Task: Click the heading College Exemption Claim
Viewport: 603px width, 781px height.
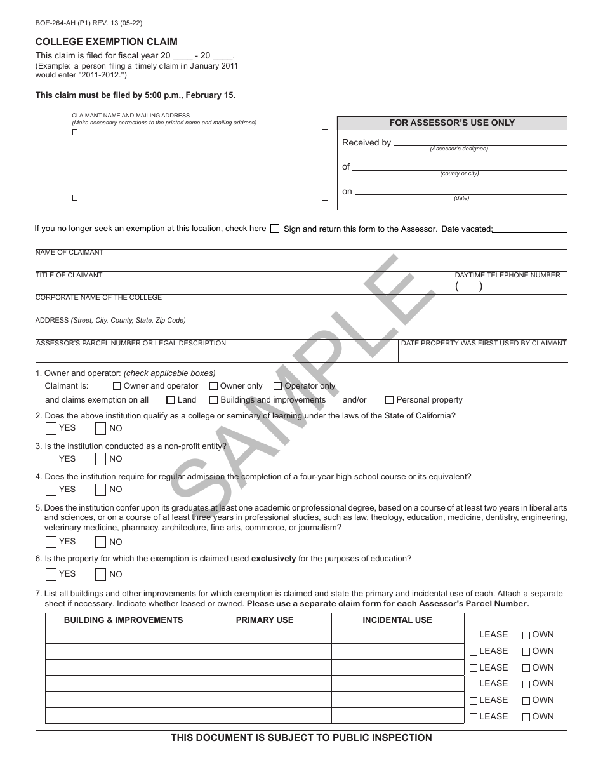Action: [x=106, y=42]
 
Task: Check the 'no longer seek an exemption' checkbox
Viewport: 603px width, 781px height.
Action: [x=274, y=229]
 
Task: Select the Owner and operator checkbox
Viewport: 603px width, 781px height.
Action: [x=117, y=386]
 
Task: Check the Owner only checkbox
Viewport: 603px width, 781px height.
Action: [x=214, y=386]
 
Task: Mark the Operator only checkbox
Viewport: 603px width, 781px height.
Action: [x=278, y=386]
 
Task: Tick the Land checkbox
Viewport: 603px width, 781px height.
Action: [x=171, y=400]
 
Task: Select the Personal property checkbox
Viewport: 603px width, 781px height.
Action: [x=390, y=400]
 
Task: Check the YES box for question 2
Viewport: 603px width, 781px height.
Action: [x=51, y=429]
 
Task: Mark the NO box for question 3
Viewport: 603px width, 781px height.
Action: [x=100, y=459]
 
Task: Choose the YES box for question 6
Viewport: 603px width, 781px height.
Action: [x=51, y=575]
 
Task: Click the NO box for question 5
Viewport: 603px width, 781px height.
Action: [x=100, y=542]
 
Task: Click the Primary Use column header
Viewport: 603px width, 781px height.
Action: [x=265, y=620]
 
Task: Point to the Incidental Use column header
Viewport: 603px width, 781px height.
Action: [x=397, y=620]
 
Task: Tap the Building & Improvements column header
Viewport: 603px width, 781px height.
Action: [x=123, y=620]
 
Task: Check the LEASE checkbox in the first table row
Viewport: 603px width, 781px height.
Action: [x=474, y=635]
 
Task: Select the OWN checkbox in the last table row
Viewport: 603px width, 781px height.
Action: [x=526, y=717]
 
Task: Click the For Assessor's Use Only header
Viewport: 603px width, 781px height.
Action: [x=451, y=123]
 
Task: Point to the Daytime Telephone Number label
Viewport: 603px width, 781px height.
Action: [x=507, y=276]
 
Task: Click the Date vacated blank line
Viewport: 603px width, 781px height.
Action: [x=529, y=230]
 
